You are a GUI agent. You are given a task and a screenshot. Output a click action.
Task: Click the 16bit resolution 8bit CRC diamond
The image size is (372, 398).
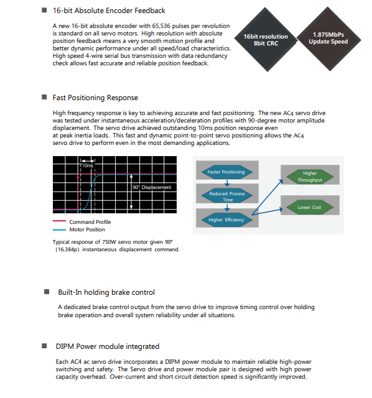point(266,40)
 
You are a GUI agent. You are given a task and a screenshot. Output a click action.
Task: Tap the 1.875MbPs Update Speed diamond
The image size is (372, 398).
point(328,39)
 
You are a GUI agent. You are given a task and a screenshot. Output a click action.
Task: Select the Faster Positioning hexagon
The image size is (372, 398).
point(227,172)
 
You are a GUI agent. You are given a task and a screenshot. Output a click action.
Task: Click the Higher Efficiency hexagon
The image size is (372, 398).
point(227,220)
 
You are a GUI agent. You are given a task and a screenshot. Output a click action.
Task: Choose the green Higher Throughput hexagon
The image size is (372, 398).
point(310,177)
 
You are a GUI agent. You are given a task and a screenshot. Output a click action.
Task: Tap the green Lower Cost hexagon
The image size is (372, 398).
point(310,207)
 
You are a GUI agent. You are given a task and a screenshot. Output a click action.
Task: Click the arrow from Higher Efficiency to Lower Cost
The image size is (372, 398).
point(267,212)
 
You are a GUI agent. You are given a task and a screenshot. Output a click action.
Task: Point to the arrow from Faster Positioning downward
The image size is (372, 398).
point(227,183)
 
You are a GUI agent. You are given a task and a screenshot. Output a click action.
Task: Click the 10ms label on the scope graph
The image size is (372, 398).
point(87,165)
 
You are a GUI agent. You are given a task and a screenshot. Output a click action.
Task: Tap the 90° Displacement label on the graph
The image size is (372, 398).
point(152,187)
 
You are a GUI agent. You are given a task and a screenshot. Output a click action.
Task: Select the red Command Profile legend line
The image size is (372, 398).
point(59,221)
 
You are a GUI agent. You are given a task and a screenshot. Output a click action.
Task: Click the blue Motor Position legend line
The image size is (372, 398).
point(59,229)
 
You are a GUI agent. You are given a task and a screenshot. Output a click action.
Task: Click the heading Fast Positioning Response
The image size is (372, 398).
point(95,98)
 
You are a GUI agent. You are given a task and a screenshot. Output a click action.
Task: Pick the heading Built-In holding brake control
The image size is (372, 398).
point(106,292)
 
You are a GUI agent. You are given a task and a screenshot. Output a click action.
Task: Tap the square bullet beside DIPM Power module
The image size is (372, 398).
point(44,346)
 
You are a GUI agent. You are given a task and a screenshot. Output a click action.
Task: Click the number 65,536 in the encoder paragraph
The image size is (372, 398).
point(161,26)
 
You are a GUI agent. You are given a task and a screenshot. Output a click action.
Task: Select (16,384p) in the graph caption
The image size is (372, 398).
point(67,249)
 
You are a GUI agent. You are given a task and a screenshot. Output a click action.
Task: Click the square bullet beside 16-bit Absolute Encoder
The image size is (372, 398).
point(44,10)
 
